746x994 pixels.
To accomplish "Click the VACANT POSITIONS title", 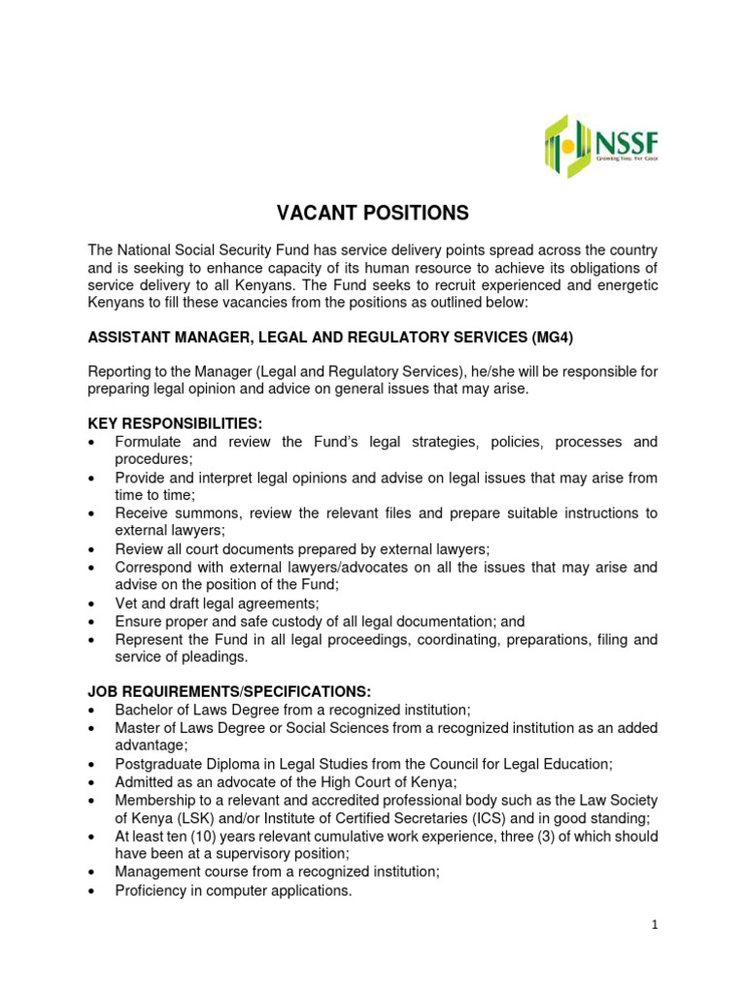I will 373,214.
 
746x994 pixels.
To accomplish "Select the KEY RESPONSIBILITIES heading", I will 176,423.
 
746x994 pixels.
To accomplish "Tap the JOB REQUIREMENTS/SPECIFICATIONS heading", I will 229,691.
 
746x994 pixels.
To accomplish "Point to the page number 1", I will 656,925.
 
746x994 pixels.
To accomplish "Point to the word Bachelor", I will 146,710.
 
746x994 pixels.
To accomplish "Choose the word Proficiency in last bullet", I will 153,890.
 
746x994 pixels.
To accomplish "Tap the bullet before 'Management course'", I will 91,873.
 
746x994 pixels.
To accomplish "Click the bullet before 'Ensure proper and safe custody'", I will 91,621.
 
